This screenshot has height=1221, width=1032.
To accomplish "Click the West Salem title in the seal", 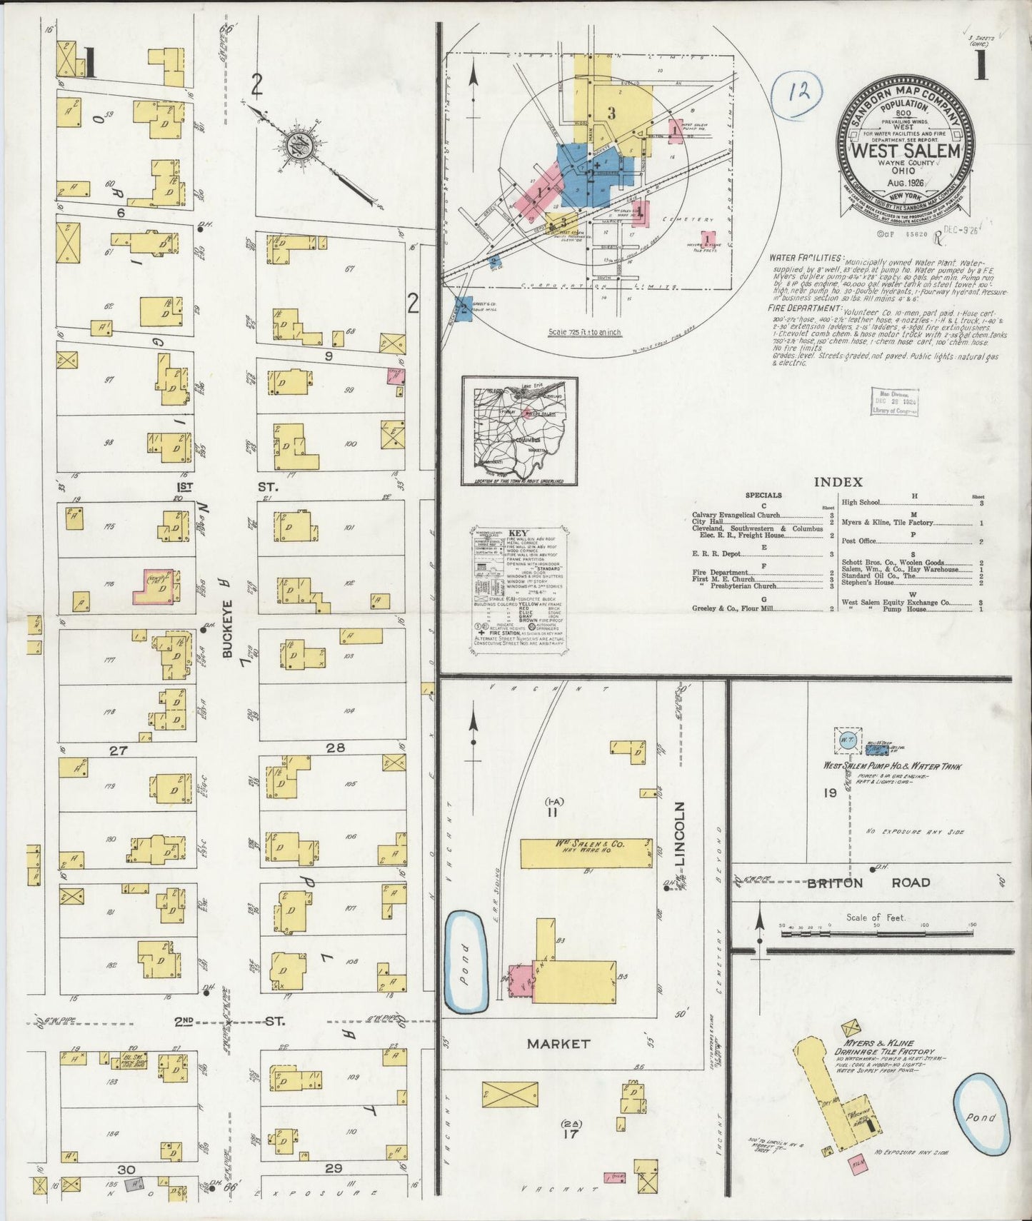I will pos(906,151).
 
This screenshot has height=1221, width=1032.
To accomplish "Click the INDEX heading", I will pos(838,482).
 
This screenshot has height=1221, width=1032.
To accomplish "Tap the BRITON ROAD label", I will pos(868,883).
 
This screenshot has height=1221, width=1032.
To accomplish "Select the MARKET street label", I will pos(558,1043).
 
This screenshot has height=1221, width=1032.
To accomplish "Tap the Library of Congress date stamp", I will pos(894,403).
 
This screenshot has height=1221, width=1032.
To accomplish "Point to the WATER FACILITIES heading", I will pos(805,258).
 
